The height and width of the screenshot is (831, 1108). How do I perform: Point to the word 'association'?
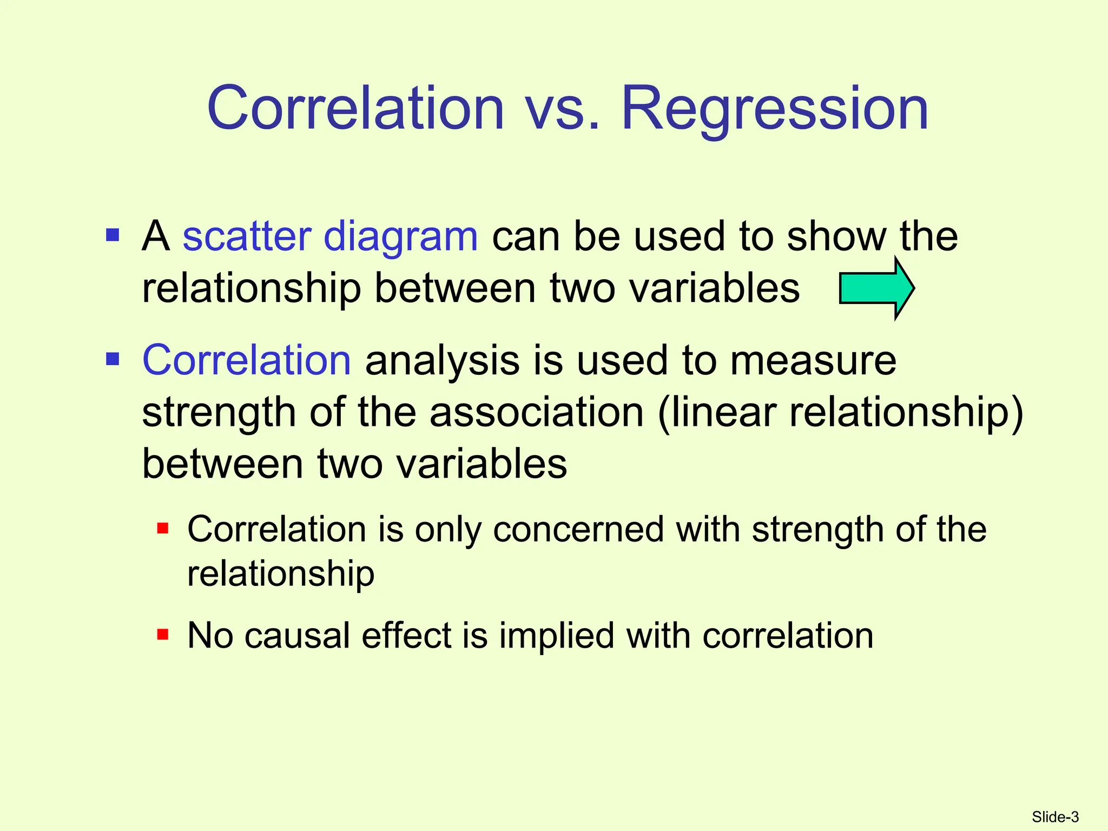click(x=537, y=412)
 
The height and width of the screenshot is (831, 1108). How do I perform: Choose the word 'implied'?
click(x=556, y=636)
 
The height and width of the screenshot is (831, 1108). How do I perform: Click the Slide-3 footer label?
click(x=1055, y=817)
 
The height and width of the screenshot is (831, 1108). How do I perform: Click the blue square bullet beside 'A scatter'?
click(x=113, y=235)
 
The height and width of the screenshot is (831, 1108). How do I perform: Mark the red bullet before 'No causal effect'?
click(x=163, y=634)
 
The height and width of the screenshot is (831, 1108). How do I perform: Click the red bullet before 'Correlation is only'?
click(x=163, y=528)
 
